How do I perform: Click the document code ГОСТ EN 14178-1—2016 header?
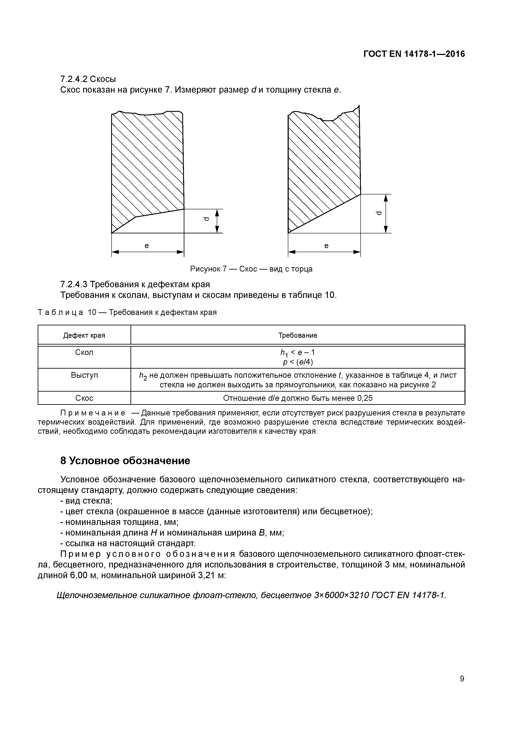click(x=414, y=54)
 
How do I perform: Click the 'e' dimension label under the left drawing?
click(x=147, y=246)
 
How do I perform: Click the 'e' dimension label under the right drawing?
click(x=326, y=246)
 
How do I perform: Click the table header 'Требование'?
click(x=297, y=335)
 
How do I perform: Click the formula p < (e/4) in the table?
click(x=297, y=362)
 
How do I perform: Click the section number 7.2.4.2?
click(x=74, y=79)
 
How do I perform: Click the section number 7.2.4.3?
click(x=74, y=284)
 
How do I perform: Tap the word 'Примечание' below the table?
click(x=93, y=413)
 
